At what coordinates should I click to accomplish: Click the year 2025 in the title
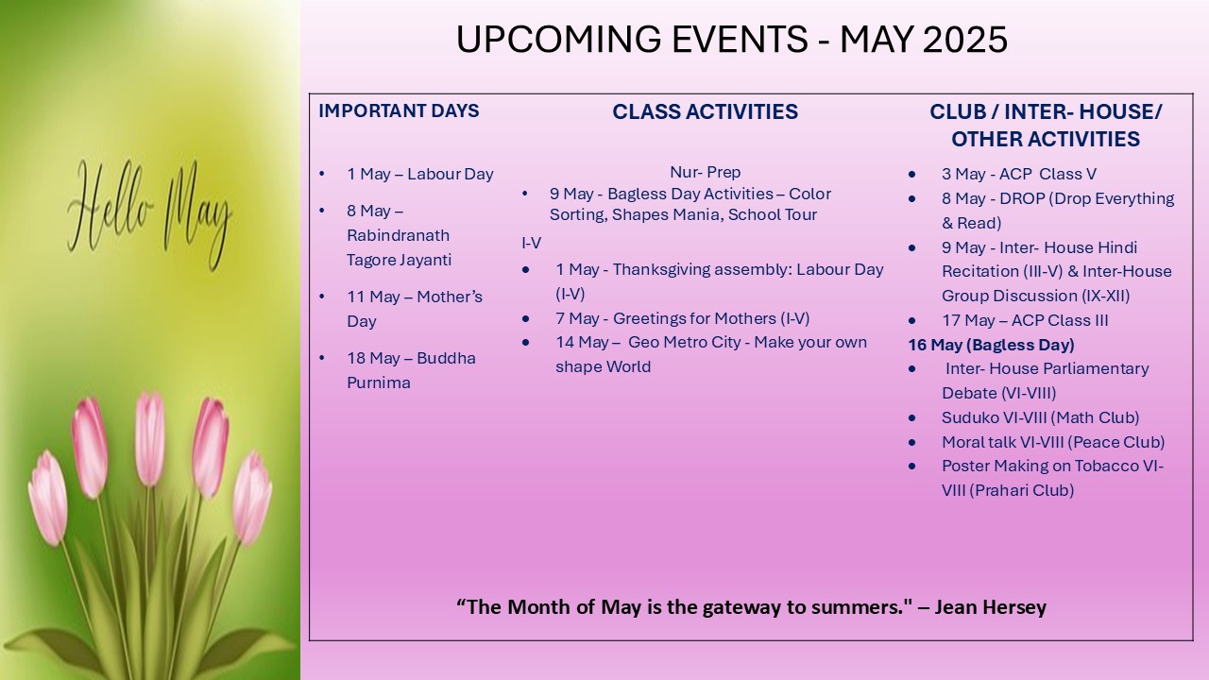(965, 40)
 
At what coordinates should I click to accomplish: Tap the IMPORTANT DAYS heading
(399, 110)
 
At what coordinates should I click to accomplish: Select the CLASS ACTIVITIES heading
(705, 111)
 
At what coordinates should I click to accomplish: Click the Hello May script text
(150, 214)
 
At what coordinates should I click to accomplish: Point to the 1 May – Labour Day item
(420, 174)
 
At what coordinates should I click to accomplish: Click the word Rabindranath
(399, 235)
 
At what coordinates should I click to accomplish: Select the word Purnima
(379, 382)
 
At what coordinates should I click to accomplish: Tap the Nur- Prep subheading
(705, 172)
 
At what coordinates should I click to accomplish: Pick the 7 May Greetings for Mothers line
(683, 318)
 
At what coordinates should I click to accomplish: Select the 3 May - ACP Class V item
(1019, 174)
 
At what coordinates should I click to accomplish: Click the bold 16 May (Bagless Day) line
(991, 345)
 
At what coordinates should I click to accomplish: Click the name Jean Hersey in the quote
(991, 607)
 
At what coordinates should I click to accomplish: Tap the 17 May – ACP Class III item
(1025, 320)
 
